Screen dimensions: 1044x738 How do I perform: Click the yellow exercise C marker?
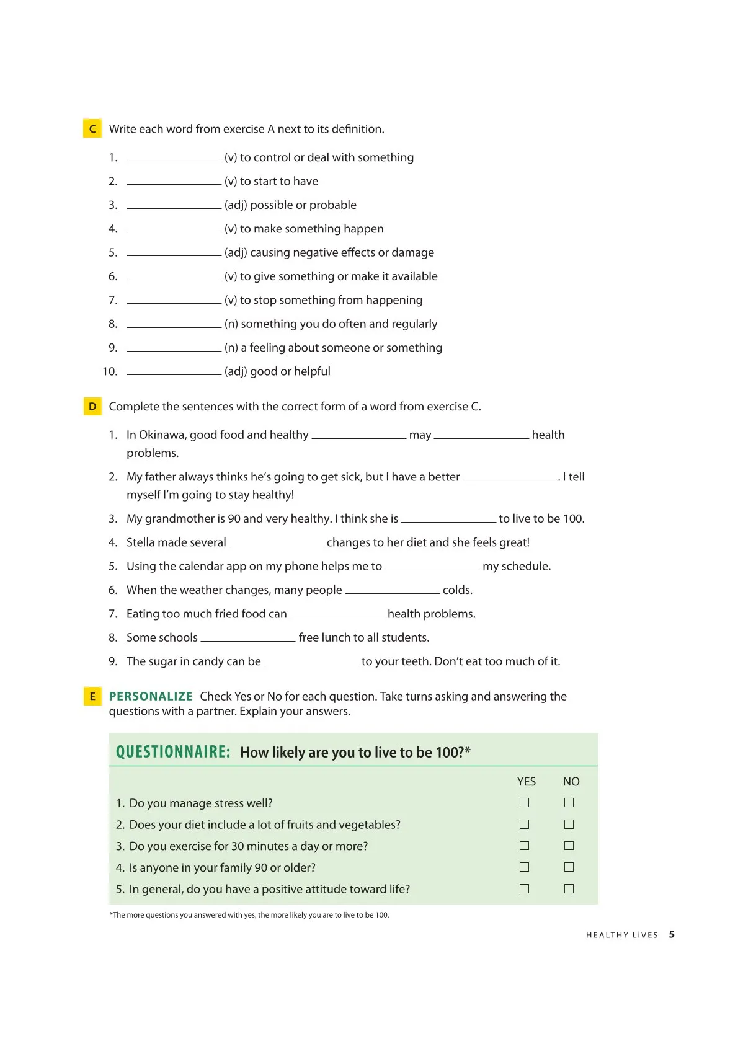click(x=92, y=128)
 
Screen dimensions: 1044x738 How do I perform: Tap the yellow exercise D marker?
click(x=92, y=406)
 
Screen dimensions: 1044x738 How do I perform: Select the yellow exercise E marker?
click(x=92, y=696)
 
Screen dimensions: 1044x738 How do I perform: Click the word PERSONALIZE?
click(x=151, y=696)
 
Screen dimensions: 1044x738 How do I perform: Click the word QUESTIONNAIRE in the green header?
click(x=173, y=752)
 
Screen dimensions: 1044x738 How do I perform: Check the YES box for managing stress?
click(x=524, y=803)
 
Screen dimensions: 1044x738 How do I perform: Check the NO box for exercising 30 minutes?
click(x=569, y=846)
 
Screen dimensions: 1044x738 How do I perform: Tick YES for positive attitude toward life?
click(x=524, y=888)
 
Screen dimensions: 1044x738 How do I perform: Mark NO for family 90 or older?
click(x=569, y=867)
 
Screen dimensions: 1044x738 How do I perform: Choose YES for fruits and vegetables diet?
click(x=524, y=825)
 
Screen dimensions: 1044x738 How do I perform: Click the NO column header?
click(x=571, y=782)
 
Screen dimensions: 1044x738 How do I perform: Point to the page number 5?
click(x=672, y=934)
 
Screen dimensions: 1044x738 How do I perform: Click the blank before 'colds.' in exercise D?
click(x=392, y=591)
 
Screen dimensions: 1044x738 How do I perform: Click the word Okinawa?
click(x=162, y=435)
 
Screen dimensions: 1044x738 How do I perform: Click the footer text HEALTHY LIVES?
click(x=621, y=935)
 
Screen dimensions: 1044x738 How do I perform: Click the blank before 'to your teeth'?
click(x=311, y=662)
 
